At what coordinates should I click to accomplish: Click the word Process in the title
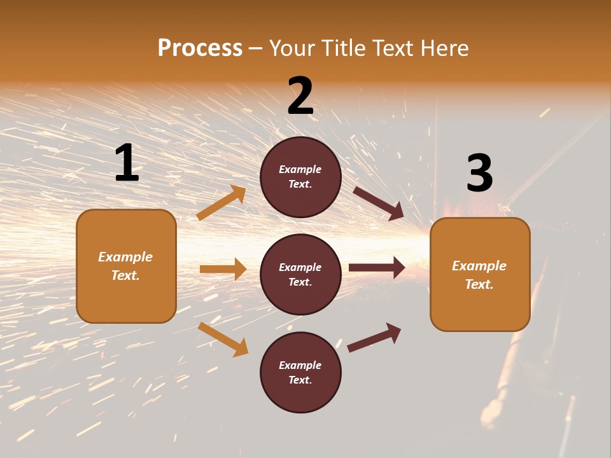tap(200, 48)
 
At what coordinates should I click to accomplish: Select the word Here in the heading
tap(444, 48)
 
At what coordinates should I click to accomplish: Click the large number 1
tap(127, 163)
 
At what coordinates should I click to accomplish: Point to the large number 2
tap(300, 96)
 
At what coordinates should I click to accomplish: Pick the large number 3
tap(479, 173)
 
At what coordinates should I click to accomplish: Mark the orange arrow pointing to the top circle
tap(221, 203)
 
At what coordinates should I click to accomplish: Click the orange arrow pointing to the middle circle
tap(223, 269)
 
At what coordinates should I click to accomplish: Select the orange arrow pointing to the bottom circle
tap(223, 339)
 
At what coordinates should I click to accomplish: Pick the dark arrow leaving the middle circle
tap(377, 267)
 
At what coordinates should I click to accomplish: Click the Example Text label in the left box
tap(125, 266)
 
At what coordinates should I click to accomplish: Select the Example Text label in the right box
tap(479, 275)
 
